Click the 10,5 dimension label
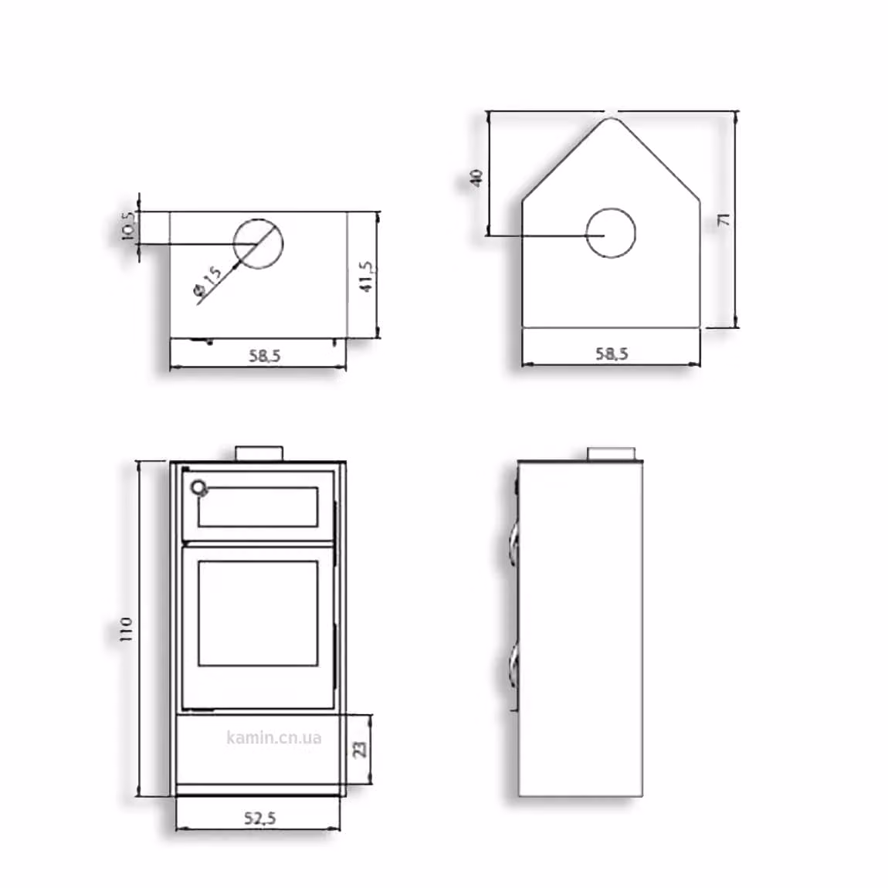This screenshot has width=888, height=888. pos(128,226)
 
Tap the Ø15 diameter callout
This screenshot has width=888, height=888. pos(208,282)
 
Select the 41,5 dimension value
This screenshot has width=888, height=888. pos(367,276)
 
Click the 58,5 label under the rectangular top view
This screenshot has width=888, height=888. pos(265,356)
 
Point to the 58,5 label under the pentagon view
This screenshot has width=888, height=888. pos(612,354)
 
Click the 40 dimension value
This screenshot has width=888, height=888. pos(477,178)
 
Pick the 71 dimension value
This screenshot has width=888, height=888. pos(724,220)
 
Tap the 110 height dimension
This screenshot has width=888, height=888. pos(126,629)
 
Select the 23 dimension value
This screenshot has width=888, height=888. pos(360,749)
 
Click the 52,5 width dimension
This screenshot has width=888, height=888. pos(260,818)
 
